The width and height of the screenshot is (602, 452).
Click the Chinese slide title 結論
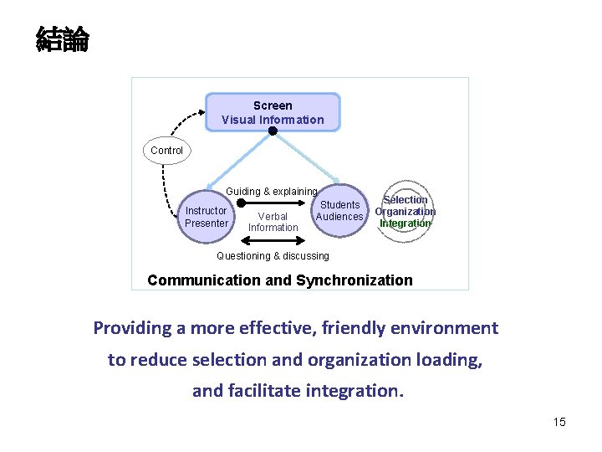[62, 39]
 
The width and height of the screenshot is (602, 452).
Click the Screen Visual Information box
[273, 112]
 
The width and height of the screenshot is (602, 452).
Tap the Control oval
[166, 151]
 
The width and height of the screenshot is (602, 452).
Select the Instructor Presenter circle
[206, 217]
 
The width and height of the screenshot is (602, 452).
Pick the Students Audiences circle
[339, 211]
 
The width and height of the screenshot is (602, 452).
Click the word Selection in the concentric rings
[406, 200]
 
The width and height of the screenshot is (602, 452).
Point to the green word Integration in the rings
[406, 223]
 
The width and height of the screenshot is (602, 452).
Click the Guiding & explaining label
[272, 192]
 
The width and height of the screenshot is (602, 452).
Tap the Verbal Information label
[273, 222]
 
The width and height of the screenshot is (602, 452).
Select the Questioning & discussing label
[273, 256]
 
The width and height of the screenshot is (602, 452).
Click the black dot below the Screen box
[273, 131]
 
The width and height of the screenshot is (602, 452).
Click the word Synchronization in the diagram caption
[354, 280]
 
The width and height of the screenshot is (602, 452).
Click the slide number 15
[559, 422]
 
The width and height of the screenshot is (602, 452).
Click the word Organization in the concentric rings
[406, 212]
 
